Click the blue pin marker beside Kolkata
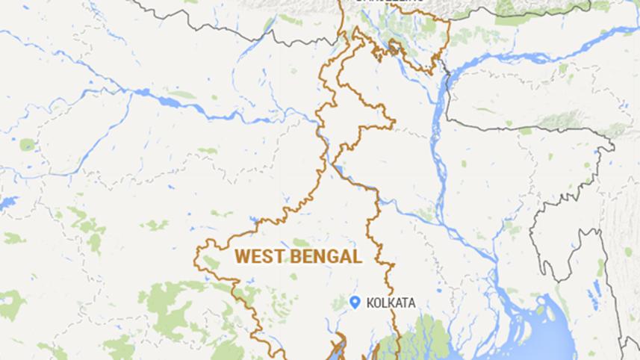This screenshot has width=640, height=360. (x=355, y=301)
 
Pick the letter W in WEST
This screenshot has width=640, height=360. (x=242, y=257)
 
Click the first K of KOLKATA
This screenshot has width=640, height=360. (x=368, y=302)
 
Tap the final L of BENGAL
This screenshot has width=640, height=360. (x=358, y=257)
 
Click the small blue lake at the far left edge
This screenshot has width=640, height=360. (x=7, y=202)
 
